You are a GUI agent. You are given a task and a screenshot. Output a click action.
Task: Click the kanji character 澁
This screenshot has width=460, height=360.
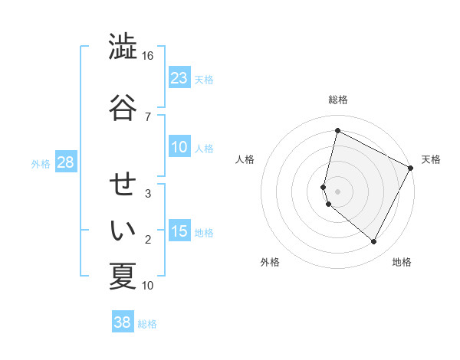(123, 47)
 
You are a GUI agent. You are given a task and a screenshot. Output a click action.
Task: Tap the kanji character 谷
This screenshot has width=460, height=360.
(123, 108)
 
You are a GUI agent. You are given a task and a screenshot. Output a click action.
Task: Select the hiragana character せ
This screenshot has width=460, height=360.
(123, 185)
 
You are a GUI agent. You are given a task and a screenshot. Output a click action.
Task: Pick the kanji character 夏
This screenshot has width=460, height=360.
(123, 277)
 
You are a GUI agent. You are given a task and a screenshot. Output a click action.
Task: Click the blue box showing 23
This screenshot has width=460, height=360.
(179, 77)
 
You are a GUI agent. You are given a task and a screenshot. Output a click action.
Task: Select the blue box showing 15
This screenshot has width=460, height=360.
(179, 231)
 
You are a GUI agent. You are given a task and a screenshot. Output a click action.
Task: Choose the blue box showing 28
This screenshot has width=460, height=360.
(65, 162)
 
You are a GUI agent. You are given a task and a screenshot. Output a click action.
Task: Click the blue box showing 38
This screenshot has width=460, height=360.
(122, 322)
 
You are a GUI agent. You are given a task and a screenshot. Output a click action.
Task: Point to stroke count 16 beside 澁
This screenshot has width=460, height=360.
(147, 56)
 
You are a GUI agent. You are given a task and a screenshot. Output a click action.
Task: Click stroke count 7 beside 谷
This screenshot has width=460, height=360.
(147, 116)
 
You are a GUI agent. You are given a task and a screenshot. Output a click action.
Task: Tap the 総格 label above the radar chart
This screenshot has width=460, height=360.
(338, 100)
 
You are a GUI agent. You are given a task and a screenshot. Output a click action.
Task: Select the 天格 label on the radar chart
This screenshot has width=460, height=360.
(431, 159)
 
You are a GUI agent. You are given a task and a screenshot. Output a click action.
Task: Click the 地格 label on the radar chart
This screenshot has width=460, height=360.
(402, 262)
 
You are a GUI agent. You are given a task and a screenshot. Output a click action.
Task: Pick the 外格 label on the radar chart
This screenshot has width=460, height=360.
(270, 262)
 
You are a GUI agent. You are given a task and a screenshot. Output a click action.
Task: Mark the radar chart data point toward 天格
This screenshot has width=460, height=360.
(412, 168)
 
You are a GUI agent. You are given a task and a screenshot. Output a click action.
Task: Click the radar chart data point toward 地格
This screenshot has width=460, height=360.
(374, 242)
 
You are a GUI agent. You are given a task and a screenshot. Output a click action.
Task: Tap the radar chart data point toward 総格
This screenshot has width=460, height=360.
(337, 131)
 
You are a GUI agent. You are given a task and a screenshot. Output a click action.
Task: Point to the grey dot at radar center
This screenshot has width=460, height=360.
(337, 191)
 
